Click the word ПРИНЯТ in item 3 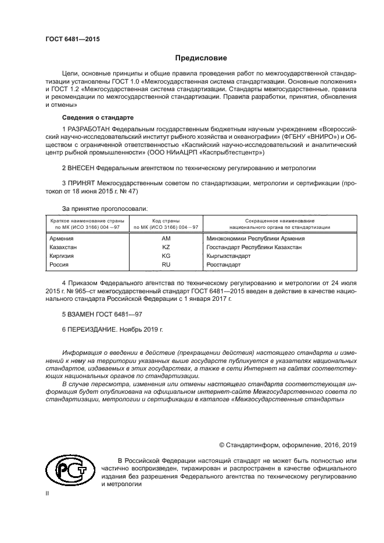[81, 182]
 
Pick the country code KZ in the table [166, 247]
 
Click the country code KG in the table [166, 256]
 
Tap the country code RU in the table [166, 264]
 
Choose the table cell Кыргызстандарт [228, 256]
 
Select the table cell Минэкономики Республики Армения [255, 239]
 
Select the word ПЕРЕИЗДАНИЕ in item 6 [92, 329]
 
